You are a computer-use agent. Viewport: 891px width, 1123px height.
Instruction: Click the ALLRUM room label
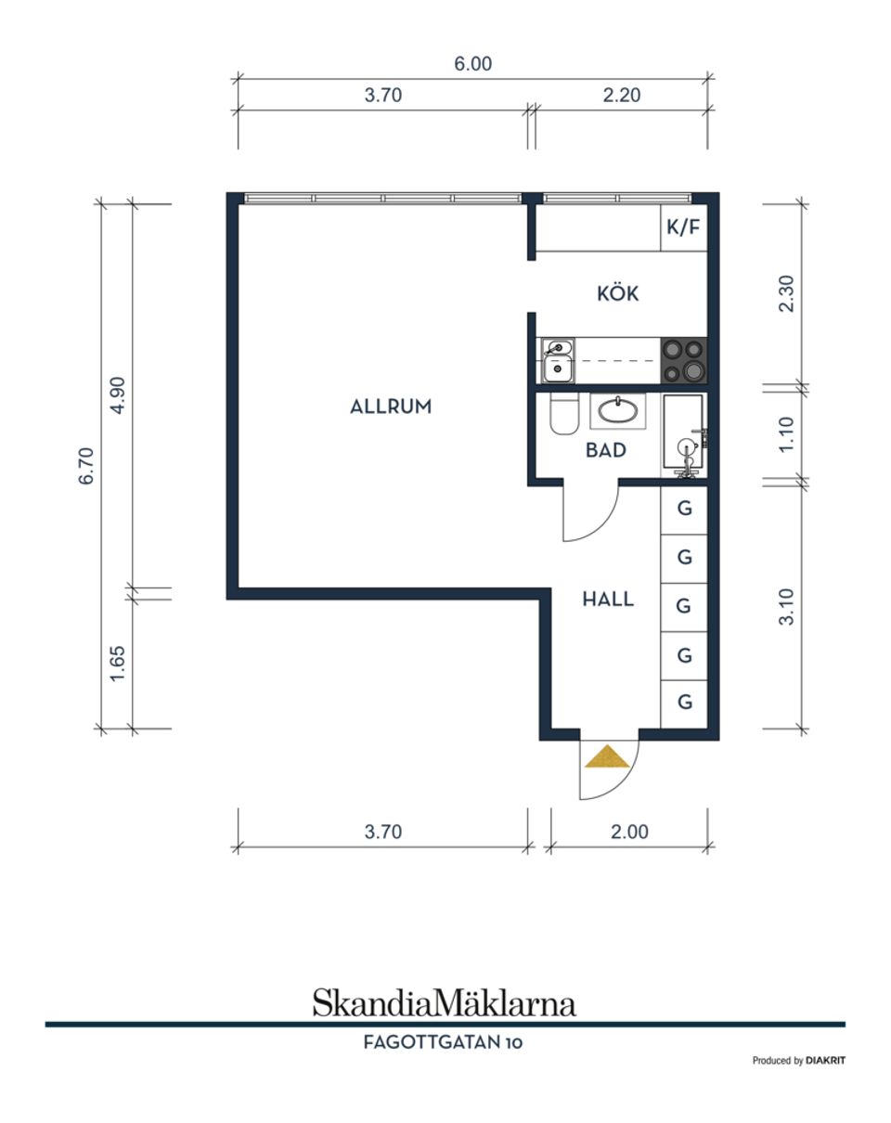coord(391,407)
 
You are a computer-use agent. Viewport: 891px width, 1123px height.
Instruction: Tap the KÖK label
coord(617,293)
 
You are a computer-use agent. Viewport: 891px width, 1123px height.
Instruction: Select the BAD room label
coord(605,450)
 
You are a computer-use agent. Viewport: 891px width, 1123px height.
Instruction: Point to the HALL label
coord(608,599)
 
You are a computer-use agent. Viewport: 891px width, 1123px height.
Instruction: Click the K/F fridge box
coord(684,227)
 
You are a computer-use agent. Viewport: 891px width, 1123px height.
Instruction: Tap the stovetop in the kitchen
coord(684,360)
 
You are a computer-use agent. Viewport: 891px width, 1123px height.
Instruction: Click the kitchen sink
coord(558,360)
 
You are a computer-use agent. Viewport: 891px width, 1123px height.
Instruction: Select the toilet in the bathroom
coord(564,414)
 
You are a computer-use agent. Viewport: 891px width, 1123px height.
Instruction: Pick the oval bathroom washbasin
coord(618,411)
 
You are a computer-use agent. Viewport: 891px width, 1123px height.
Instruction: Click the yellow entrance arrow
coord(607,756)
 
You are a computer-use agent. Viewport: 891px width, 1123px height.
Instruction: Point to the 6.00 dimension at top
coord(473,64)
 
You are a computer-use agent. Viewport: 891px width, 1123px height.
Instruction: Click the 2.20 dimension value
coord(621,95)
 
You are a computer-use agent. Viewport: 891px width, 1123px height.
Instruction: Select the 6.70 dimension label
coord(86,466)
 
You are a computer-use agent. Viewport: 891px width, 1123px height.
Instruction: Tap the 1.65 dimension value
coord(118,664)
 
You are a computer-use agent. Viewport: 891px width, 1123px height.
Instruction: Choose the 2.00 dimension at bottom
coord(629,832)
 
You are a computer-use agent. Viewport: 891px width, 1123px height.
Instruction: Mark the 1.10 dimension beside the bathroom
coord(785,434)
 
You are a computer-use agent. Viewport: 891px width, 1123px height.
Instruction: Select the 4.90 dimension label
coord(118,395)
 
